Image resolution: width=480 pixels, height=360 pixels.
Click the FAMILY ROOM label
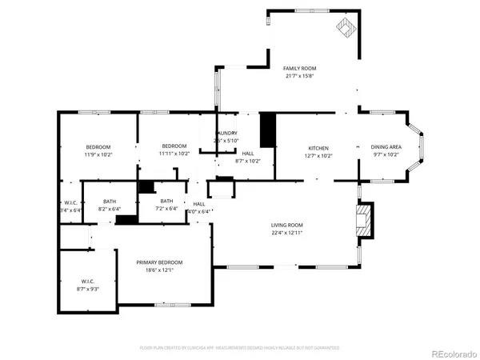click(x=300, y=69)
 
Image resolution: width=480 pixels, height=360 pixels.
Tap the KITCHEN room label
click(x=319, y=148)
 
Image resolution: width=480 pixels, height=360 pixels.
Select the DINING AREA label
click(x=386, y=147)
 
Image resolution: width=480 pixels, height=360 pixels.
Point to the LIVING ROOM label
click(x=286, y=226)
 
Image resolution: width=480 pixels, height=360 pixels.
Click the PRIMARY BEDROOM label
click(x=159, y=263)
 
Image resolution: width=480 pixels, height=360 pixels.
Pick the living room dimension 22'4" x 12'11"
click(x=286, y=233)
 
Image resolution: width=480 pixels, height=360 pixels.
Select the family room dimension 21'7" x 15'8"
click(x=300, y=76)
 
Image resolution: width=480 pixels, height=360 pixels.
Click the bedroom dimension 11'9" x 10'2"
click(x=99, y=154)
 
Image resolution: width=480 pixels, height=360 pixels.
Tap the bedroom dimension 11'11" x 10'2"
click(x=174, y=154)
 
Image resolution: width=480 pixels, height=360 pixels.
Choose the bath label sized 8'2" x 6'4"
click(x=109, y=202)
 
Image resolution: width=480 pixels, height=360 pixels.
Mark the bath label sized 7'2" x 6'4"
click(x=166, y=202)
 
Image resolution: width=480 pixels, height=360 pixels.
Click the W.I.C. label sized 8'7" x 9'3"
click(x=88, y=281)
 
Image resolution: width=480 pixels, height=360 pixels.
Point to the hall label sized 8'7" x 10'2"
click(x=248, y=154)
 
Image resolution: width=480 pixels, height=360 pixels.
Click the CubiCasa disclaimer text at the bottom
click(x=240, y=348)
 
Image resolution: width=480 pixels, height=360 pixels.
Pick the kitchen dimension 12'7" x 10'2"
click(x=319, y=155)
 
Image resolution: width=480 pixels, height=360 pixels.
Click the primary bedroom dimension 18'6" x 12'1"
click(x=159, y=270)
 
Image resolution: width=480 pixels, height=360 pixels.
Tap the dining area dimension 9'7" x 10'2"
click(x=386, y=154)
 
